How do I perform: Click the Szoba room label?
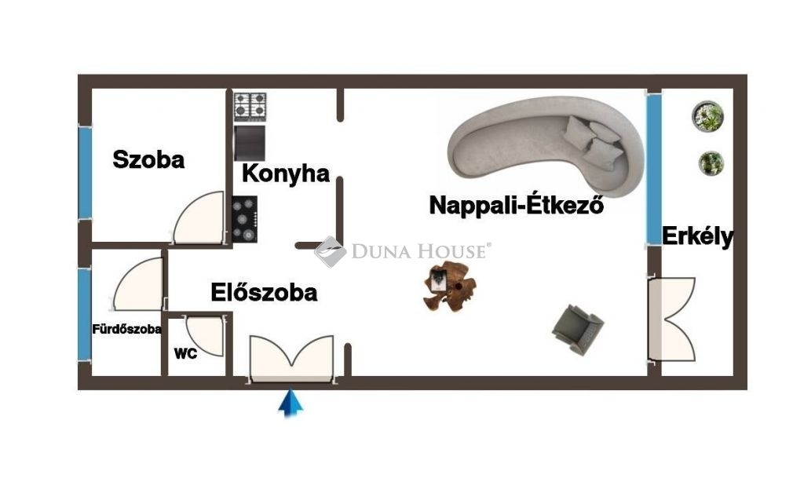tap(148, 159)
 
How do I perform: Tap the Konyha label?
tap(286, 173)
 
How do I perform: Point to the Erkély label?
tap(697, 237)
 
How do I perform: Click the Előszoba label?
tap(264, 292)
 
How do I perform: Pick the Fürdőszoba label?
tap(126, 329)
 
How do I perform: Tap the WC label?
tap(185, 353)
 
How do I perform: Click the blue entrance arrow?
tap(291, 403)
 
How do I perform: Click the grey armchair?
tap(578, 329)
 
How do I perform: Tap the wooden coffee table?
tap(450, 286)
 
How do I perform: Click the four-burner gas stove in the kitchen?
tap(250, 107)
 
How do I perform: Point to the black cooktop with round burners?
tap(245, 220)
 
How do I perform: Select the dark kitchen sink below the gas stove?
tap(250, 143)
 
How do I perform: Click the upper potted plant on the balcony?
tap(707, 116)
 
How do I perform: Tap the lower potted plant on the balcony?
tap(711, 163)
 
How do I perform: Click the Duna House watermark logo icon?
tap(331, 251)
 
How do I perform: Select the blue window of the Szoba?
tap(85, 173)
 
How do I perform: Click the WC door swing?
tap(205, 336)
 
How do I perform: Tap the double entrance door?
tap(291, 358)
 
